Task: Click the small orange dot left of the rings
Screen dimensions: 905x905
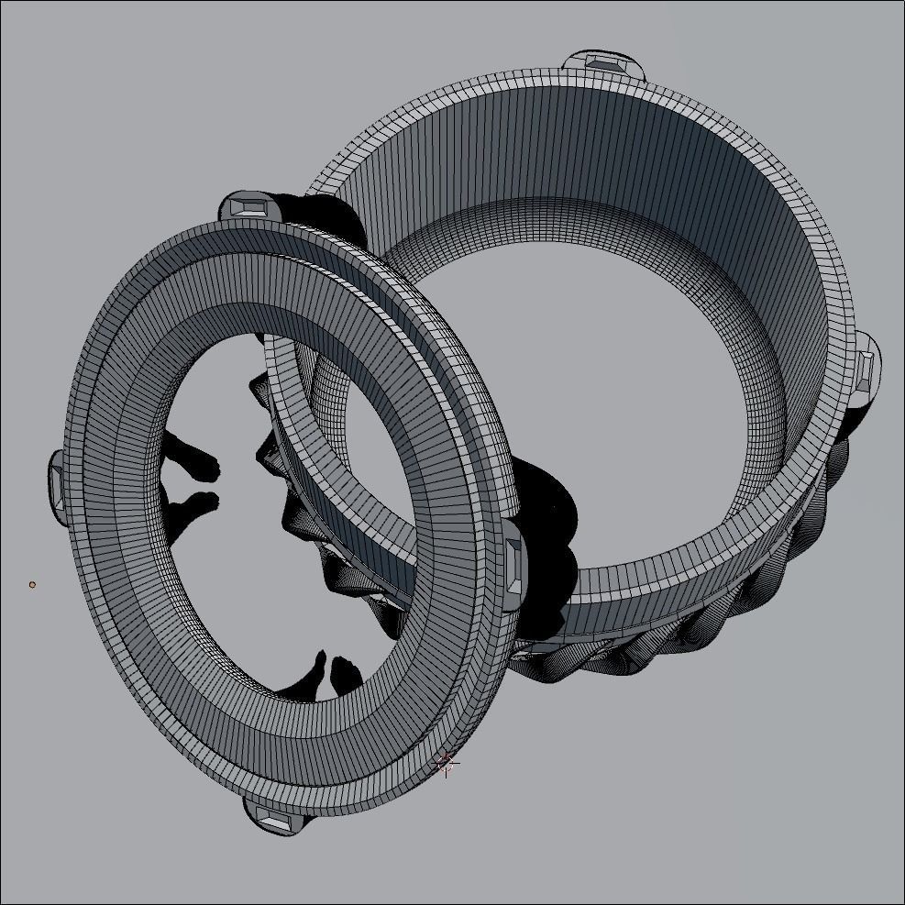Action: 32,584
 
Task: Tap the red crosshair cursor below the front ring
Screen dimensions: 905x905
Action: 446,763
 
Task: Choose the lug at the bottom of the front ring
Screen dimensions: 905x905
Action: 273,817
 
